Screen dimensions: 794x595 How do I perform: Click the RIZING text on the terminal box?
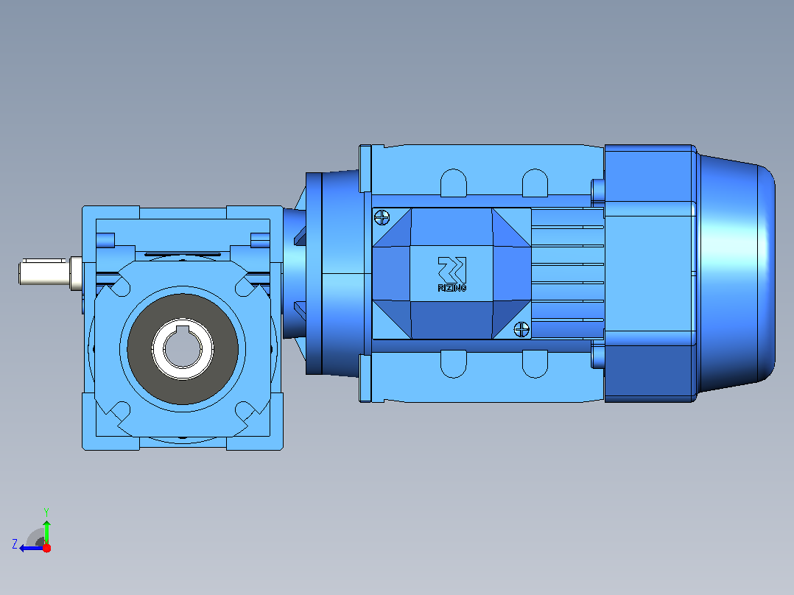[x=452, y=288]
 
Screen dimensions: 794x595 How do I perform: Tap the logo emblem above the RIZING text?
[x=452, y=270]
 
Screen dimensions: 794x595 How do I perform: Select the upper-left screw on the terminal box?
[x=382, y=218]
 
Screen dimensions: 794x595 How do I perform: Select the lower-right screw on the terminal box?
[x=521, y=329]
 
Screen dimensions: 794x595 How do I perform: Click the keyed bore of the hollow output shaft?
[x=183, y=348]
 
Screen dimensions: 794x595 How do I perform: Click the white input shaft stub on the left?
[x=43, y=272]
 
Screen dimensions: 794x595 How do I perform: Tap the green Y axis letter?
[x=46, y=512]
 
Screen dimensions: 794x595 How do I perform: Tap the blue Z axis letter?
[x=15, y=544]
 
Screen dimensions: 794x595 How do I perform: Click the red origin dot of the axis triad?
[x=46, y=548]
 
